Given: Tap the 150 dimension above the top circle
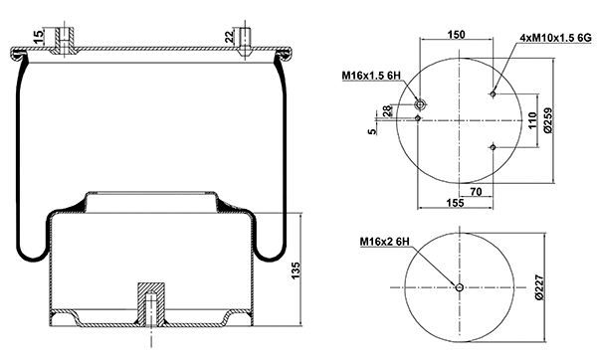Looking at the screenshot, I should click(456, 34).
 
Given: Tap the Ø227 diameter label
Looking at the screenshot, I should click(538, 288).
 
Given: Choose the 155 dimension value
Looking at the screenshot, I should click(455, 202).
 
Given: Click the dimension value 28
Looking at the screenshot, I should click(388, 109).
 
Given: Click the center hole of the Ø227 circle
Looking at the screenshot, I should click(459, 288).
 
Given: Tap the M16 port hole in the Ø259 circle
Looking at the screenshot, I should click(419, 104).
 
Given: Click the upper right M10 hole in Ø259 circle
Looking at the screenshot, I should click(494, 94).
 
